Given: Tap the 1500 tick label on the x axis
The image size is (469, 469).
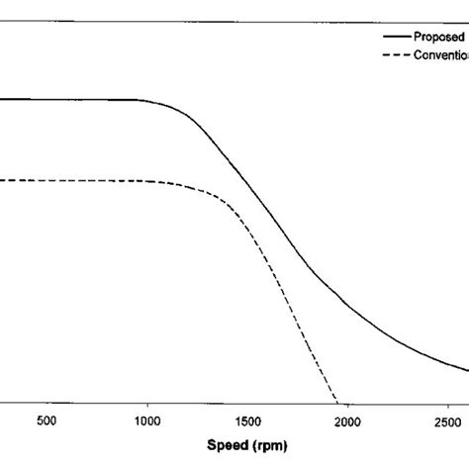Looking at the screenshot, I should click(247, 422).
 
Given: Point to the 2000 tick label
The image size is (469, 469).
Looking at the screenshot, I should click(347, 422).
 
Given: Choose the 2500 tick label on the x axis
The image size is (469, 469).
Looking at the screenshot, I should click(447, 422).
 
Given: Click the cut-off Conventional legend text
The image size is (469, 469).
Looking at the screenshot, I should click(444, 54).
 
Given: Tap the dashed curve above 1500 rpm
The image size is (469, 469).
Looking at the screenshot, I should click(247, 227).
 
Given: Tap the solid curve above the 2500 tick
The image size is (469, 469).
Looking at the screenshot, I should click(447, 362).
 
